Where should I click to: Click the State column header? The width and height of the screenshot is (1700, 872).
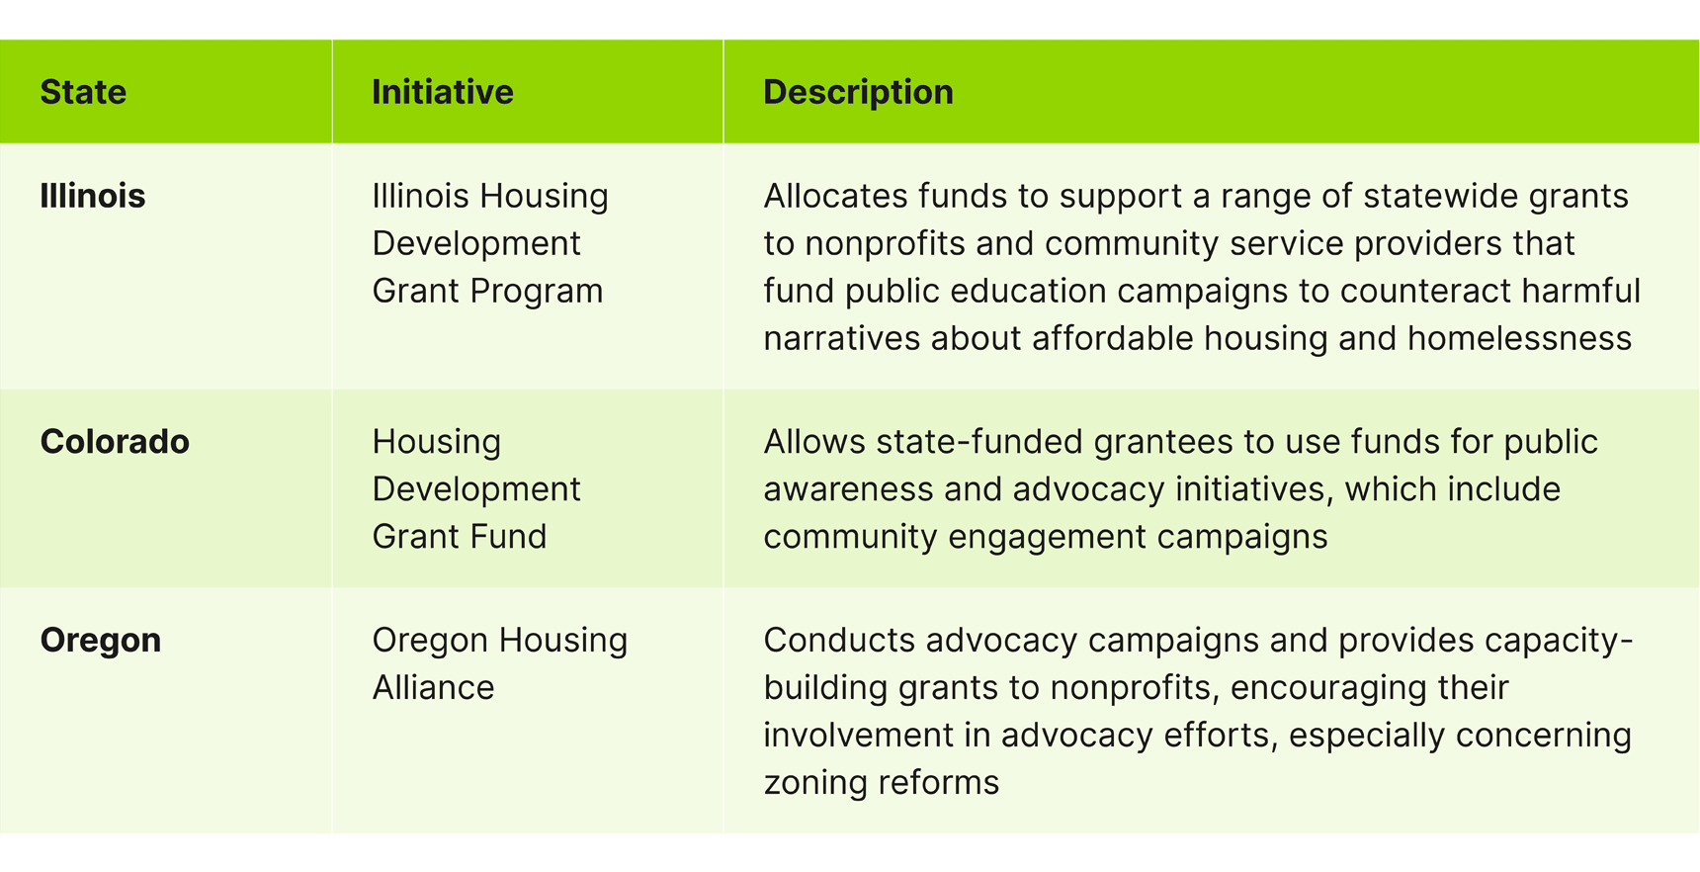tap(83, 92)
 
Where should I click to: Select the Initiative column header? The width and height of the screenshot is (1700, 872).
tap(442, 92)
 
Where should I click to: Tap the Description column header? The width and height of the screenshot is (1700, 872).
tap(858, 92)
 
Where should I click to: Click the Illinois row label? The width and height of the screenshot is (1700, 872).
tap(92, 196)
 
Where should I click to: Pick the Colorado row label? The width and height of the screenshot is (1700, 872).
tap(115, 442)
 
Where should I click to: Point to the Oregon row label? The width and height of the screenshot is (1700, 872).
tap(100, 640)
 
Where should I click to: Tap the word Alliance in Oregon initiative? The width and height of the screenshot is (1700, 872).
tap(433, 687)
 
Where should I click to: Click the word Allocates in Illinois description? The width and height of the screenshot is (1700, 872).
tap(835, 196)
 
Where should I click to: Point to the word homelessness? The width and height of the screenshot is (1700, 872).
tap(1519, 338)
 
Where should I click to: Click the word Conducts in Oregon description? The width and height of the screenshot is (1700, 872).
tap(839, 640)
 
